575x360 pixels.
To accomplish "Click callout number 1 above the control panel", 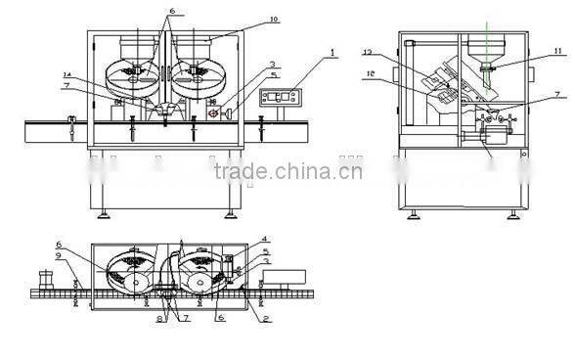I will tap(332, 51).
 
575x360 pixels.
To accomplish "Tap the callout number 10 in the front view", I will tap(245, 20).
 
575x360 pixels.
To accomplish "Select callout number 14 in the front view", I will tap(67, 75).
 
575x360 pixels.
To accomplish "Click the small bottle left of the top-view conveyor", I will tap(43, 276).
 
